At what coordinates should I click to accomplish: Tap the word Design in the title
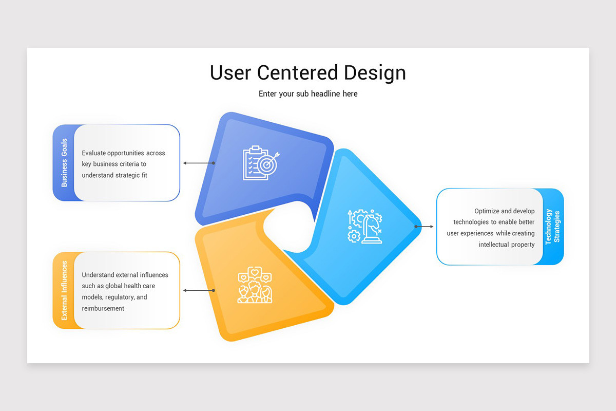(375, 72)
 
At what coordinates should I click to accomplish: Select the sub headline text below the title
(308, 94)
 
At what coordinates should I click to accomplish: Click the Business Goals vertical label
(64, 162)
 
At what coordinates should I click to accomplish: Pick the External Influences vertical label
(64, 290)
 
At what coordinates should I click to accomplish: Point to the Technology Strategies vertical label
(553, 227)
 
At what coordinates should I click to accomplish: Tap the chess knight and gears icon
(365, 226)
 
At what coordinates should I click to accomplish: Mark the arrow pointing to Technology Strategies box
(425, 226)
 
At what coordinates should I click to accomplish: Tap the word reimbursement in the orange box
(103, 308)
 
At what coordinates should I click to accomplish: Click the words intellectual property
(507, 245)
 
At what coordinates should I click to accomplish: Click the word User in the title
(231, 72)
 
